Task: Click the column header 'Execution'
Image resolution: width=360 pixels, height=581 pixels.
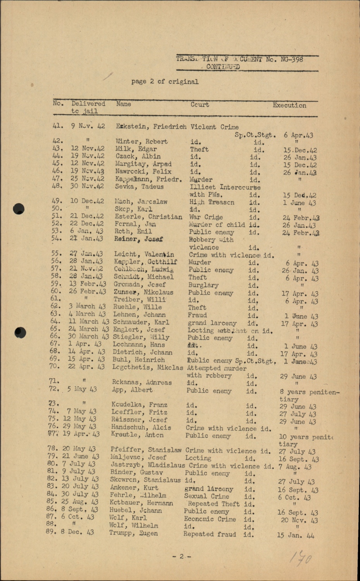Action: coord(289,105)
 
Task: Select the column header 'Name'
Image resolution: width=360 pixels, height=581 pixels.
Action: coord(123,104)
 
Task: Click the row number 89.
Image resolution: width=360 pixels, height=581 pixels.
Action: coord(51,532)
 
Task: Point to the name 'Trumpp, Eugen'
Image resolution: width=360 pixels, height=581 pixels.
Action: coord(134,533)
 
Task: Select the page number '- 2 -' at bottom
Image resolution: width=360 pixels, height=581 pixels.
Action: coord(181,557)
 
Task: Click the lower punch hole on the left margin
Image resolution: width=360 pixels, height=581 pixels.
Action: coord(20,332)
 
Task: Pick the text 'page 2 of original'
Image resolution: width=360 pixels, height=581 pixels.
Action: coord(165,82)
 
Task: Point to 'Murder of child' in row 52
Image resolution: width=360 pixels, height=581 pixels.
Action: coord(217,225)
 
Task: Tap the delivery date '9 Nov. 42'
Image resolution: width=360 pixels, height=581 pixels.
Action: coord(88,126)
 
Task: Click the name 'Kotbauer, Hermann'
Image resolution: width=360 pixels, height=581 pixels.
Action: coord(141,503)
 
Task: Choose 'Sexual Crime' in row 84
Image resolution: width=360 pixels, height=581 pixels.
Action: coord(206,496)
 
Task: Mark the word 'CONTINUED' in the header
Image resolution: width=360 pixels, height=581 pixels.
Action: coord(223,67)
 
